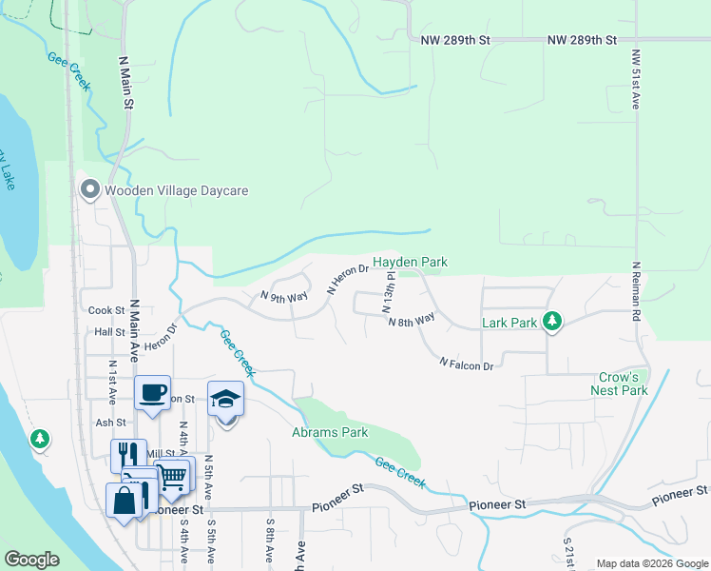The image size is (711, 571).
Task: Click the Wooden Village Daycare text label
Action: (x=176, y=190)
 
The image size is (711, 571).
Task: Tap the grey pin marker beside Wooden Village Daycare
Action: (x=90, y=190)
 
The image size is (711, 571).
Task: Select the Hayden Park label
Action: (x=410, y=262)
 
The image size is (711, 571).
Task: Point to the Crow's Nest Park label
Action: (x=619, y=384)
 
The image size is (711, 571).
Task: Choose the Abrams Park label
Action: (x=329, y=433)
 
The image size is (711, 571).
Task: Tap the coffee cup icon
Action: (x=152, y=392)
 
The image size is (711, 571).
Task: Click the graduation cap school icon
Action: (x=225, y=399)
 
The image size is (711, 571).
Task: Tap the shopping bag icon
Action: (x=125, y=499)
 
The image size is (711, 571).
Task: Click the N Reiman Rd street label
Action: (x=634, y=293)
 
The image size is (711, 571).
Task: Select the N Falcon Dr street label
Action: (x=467, y=364)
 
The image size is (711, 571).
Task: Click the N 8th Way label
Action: (x=411, y=321)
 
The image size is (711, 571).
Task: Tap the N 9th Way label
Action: (x=285, y=297)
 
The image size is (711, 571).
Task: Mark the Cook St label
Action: (x=106, y=310)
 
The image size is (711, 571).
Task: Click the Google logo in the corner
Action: (x=31, y=560)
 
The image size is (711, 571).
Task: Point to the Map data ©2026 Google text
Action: (x=651, y=563)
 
